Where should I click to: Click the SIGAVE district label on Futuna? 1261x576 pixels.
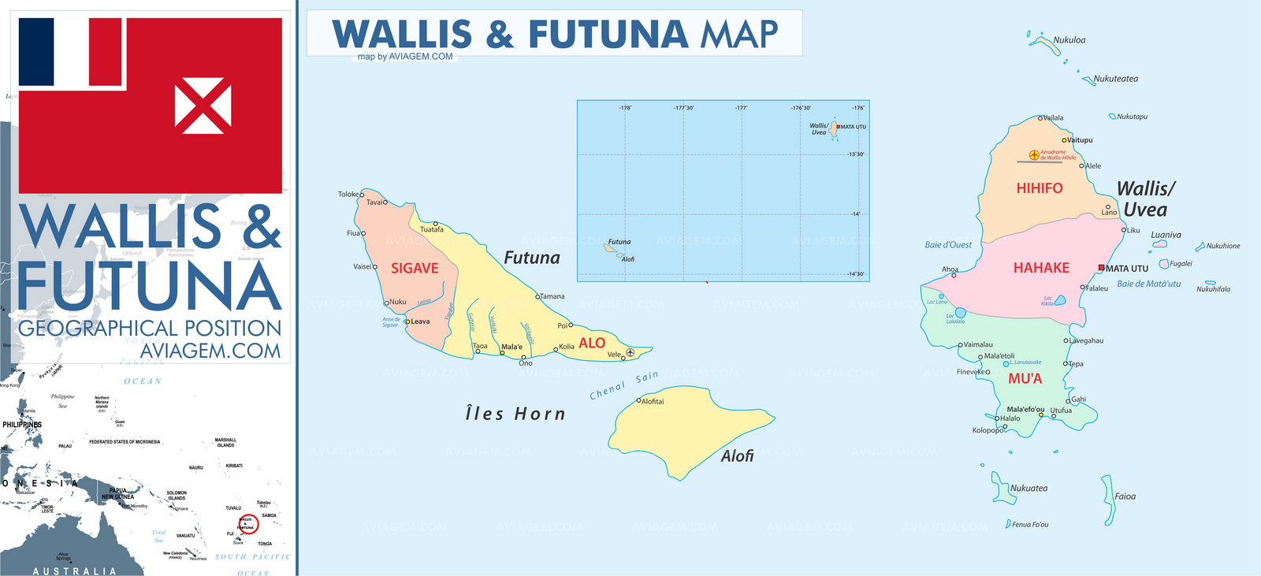tap(415, 269)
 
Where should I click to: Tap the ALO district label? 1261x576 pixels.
tap(592, 344)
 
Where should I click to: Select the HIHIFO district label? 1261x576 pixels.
tap(1039, 188)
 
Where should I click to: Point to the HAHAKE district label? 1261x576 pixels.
tap(1041, 269)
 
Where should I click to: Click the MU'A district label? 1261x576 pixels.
tap(1025, 379)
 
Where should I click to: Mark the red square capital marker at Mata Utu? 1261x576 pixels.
tap(1101, 268)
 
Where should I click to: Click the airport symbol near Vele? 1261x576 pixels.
tap(630, 352)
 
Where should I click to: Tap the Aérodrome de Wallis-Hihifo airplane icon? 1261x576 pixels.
tap(1034, 155)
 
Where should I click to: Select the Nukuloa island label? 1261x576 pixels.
tap(1069, 40)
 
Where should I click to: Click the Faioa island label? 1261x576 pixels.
tap(1125, 496)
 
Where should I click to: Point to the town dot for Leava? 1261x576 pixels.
tap(407, 321)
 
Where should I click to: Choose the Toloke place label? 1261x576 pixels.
tap(348, 194)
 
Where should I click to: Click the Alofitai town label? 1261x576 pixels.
tap(653, 402)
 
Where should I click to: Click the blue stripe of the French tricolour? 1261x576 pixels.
tap(35, 52)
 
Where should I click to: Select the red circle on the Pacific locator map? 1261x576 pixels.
tap(247, 524)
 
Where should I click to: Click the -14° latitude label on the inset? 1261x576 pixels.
tap(855, 214)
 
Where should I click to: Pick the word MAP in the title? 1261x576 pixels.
tap(738, 35)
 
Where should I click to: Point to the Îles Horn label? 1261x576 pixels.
tap(515, 414)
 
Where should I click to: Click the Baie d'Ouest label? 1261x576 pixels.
tap(948, 245)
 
